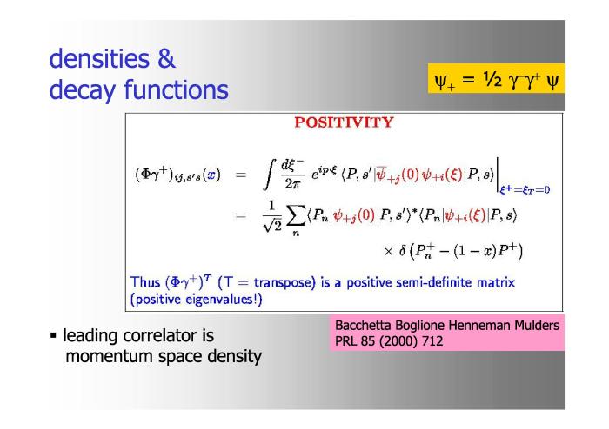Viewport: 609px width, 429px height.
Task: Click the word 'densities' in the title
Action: pyautogui.click(x=99, y=58)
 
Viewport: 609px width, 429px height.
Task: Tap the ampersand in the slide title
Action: pyautogui.click(x=166, y=58)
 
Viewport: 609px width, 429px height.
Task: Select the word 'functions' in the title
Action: pyautogui.click(x=176, y=89)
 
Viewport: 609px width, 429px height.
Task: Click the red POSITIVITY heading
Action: pyautogui.click(x=344, y=122)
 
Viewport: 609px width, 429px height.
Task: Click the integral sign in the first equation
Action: pyautogui.click(x=270, y=175)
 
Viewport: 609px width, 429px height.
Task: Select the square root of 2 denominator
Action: pyautogui.click(x=272, y=226)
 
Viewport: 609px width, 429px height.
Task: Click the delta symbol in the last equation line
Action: pyautogui.click(x=402, y=251)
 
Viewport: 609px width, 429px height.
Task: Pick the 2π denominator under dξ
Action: pyautogui.click(x=292, y=184)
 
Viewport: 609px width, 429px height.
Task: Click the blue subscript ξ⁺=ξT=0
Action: pyautogui.click(x=525, y=189)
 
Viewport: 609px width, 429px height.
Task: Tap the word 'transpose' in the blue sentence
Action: pyautogui.click(x=284, y=282)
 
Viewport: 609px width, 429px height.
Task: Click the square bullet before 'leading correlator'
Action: pyautogui.click(x=53, y=335)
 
